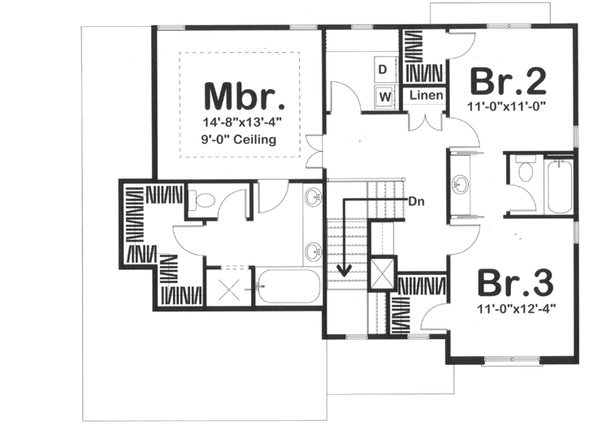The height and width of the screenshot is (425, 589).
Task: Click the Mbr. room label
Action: click(x=244, y=96)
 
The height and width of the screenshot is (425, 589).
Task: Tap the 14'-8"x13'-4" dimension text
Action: click(x=244, y=122)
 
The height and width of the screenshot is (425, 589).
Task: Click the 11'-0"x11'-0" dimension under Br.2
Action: click(x=509, y=105)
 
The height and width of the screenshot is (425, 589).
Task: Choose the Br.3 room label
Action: click(x=514, y=284)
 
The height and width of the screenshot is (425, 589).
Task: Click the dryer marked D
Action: click(x=383, y=70)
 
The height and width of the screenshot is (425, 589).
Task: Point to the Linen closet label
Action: click(x=426, y=96)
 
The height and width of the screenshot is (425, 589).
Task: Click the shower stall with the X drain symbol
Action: click(x=229, y=285)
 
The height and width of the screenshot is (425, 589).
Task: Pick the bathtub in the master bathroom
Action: click(x=288, y=286)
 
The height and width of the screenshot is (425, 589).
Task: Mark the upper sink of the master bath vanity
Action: click(x=314, y=198)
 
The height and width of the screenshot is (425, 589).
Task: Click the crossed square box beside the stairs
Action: click(x=382, y=271)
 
